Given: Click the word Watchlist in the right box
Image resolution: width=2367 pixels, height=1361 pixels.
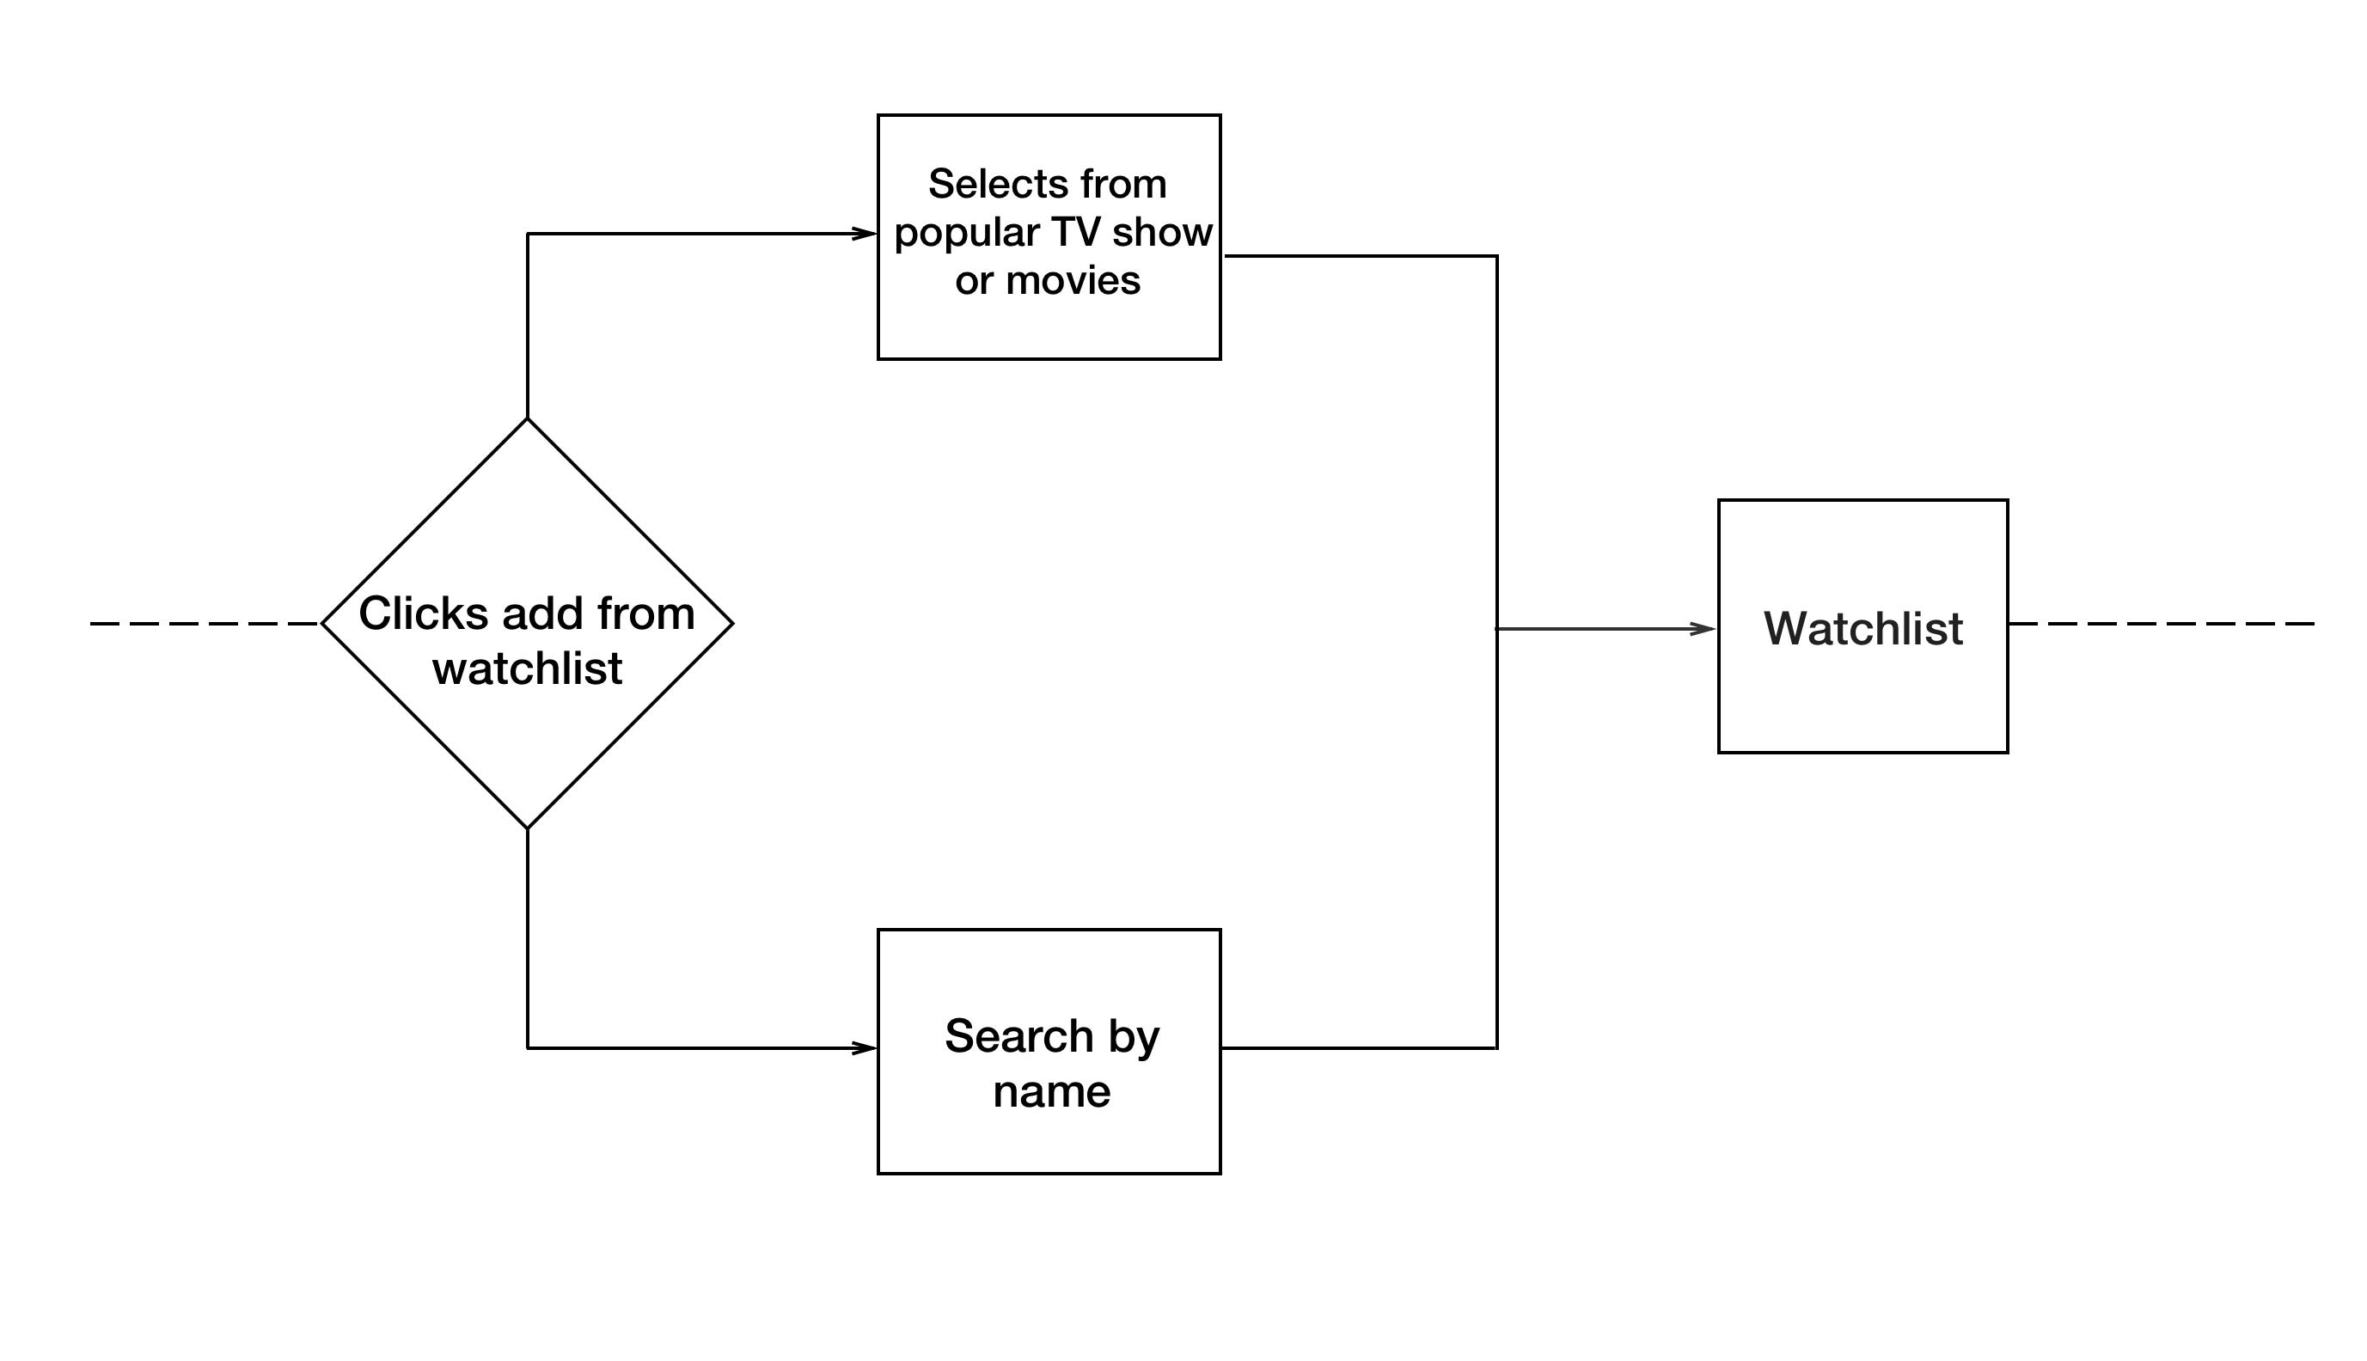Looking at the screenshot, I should (x=1862, y=628).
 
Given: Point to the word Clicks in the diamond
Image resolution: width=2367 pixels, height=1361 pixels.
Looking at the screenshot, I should (x=424, y=614).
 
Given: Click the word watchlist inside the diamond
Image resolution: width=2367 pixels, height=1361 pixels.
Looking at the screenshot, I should (x=527, y=669).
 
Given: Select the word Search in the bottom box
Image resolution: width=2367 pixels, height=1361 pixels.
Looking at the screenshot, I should (x=1006, y=1036).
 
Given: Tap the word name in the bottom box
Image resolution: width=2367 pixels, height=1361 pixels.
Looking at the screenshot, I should (x=1052, y=1092).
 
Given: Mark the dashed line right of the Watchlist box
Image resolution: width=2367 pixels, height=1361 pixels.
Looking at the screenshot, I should (x=2160, y=624).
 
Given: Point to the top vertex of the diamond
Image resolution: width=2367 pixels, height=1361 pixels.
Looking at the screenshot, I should (x=527, y=419).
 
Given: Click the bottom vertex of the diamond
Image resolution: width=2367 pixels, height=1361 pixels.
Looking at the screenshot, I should (x=527, y=827).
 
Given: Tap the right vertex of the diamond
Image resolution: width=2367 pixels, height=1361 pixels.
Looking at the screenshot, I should (x=731, y=624).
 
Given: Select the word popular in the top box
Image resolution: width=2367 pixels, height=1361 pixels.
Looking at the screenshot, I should (x=967, y=234).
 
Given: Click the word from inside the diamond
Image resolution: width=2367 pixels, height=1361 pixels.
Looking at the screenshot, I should (x=646, y=614).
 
